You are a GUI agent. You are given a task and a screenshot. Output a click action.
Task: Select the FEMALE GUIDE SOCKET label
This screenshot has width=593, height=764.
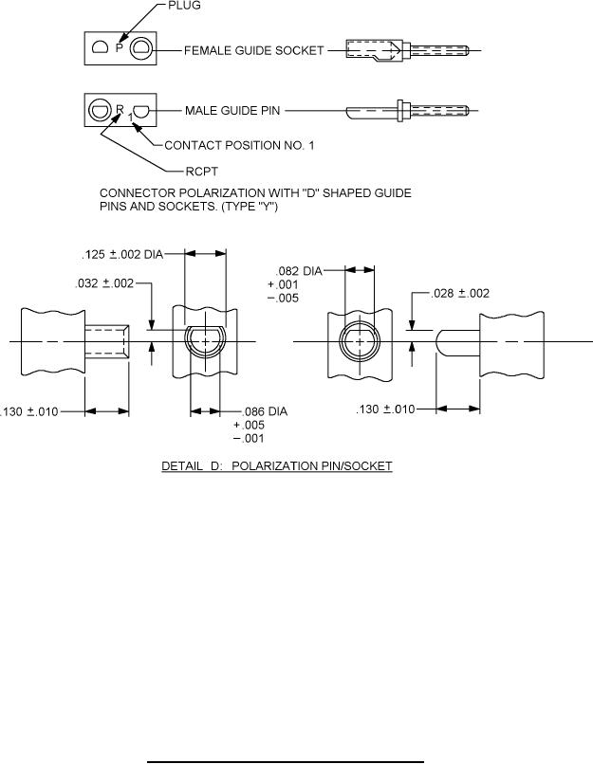(x=254, y=48)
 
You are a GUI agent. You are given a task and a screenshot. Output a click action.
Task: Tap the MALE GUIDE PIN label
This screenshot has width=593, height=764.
(x=232, y=111)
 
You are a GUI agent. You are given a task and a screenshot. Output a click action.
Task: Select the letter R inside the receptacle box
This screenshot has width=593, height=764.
(x=120, y=109)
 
